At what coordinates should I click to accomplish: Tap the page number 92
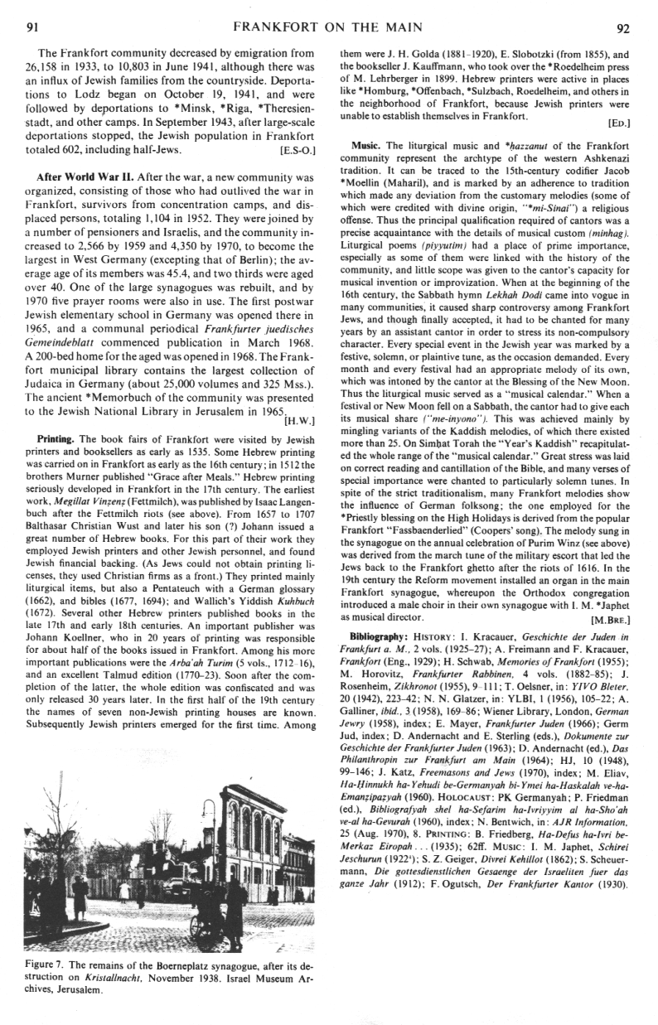pos(624,27)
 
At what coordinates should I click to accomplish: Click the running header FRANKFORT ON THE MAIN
pos(329,27)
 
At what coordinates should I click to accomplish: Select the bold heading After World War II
pos(88,178)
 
